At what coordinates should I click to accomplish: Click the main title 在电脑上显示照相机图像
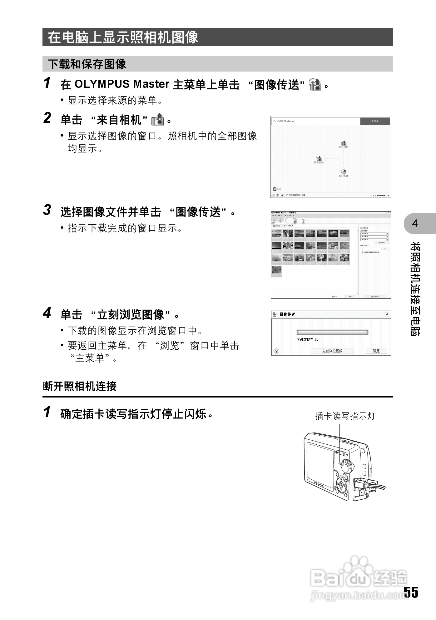pyautogui.click(x=123, y=37)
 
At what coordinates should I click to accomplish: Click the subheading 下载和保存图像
pyautogui.click(x=87, y=64)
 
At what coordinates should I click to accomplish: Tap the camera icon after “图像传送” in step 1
pyautogui.click(x=315, y=84)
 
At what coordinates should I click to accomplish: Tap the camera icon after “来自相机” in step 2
pyautogui.click(x=157, y=120)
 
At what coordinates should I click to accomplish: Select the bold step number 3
pyautogui.click(x=47, y=210)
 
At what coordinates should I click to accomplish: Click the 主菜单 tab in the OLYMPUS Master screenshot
pyautogui.click(x=375, y=121)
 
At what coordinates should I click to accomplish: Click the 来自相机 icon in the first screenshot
pyautogui.click(x=343, y=143)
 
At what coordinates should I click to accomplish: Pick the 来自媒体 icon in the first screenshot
pyautogui.click(x=343, y=172)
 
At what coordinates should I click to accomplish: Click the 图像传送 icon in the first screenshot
pyautogui.click(x=319, y=158)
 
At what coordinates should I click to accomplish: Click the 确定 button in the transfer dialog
pyautogui.click(x=376, y=351)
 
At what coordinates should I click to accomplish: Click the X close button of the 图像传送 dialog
pyautogui.click(x=387, y=314)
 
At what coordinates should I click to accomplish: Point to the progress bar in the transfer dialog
pyautogui.click(x=332, y=332)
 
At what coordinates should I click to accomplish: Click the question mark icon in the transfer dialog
pyautogui.click(x=276, y=351)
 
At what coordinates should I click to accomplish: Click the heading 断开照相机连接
pyautogui.click(x=80, y=387)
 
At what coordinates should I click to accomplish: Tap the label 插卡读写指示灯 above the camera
pyautogui.click(x=345, y=416)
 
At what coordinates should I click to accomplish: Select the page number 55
pyautogui.click(x=411, y=592)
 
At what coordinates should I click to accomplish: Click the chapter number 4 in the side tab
pyautogui.click(x=415, y=224)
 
